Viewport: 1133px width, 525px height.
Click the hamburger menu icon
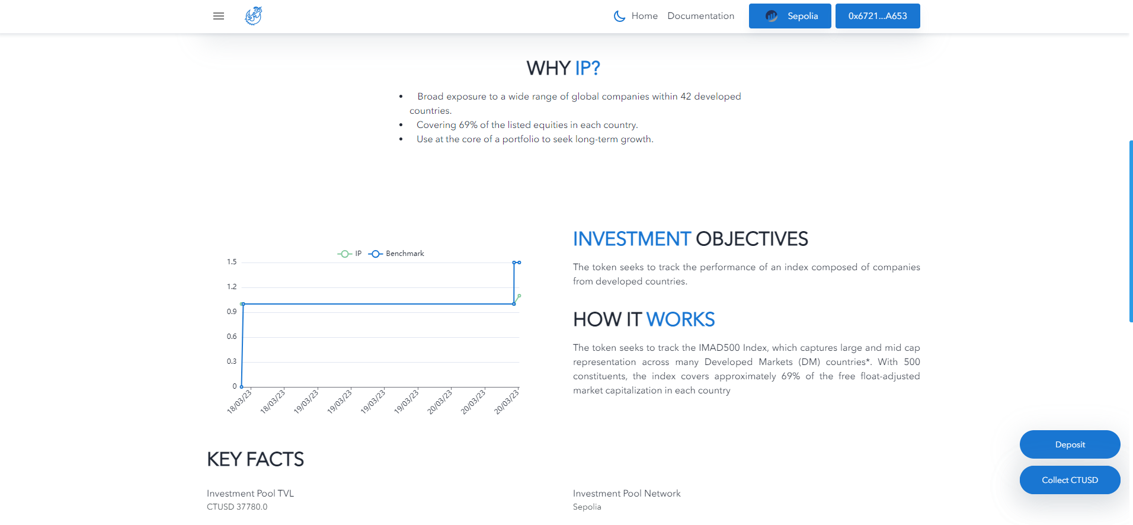(219, 16)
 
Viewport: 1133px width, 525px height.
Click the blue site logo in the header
(254, 16)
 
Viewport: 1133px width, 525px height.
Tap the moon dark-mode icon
(619, 16)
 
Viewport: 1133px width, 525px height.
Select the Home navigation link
(644, 16)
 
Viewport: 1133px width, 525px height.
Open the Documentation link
(700, 16)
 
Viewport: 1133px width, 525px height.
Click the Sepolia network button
(790, 16)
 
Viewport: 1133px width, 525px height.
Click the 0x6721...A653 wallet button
(877, 16)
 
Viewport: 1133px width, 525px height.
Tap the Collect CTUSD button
(1070, 480)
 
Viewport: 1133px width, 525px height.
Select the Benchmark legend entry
(396, 254)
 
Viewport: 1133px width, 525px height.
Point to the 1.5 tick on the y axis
(232, 262)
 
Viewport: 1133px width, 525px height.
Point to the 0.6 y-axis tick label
(232, 337)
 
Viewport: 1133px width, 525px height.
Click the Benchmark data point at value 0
(241, 386)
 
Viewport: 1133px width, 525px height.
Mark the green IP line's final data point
(519, 296)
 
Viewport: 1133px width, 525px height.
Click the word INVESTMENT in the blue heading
(632, 239)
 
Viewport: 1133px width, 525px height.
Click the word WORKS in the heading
(680, 319)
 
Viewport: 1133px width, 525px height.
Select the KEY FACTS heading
(255, 459)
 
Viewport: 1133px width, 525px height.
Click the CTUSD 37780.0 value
(237, 507)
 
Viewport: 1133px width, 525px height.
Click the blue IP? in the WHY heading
(587, 68)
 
